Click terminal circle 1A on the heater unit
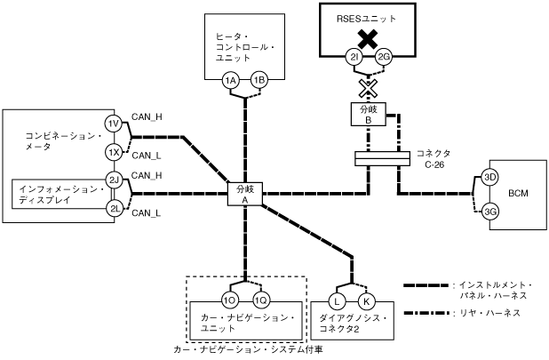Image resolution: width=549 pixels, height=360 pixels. click(230, 81)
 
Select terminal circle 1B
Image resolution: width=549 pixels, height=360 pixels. click(259, 81)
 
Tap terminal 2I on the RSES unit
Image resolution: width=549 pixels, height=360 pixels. click(354, 57)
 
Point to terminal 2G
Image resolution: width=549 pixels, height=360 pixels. click(384, 57)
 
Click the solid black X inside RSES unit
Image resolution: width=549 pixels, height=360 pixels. click(368, 39)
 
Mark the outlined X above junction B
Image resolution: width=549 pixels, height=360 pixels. click(369, 88)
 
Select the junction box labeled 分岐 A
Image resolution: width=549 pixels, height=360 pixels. click(244, 194)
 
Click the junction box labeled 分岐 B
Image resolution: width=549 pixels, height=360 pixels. click(369, 114)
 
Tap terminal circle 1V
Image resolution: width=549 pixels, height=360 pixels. click(113, 124)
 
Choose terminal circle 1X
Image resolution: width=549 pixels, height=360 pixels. click(113, 152)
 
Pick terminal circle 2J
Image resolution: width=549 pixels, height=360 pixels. click(114, 180)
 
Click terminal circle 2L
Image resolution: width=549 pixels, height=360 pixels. click(115, 209)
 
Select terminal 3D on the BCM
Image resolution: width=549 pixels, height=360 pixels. click(489, 177)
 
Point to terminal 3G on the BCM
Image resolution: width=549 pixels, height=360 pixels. click(489, 212)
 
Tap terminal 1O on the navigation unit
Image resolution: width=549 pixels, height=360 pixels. click(230, 300)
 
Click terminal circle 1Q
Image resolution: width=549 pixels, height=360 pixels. click(261, 300)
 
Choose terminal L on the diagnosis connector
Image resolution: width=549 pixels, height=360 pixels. click(337, 301)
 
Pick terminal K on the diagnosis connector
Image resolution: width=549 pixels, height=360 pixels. click(367, 301)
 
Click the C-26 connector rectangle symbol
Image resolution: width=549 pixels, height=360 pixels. click(382, 158)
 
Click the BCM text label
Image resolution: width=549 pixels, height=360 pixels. click(518, 193)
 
